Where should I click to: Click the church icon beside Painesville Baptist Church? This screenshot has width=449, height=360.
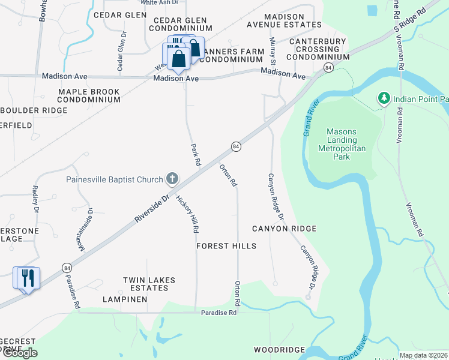click(x=172, y=178)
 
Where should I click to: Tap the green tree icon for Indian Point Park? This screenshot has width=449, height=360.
click(x=383, y=98)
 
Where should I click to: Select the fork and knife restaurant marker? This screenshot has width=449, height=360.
click(x=26, y=278)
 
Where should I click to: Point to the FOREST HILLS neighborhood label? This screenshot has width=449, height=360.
click(x=226, y=246)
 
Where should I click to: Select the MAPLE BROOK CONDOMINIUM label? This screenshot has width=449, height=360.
click(x=89, y=96)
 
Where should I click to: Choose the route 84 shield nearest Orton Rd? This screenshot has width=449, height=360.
click(x=237, y=146)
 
